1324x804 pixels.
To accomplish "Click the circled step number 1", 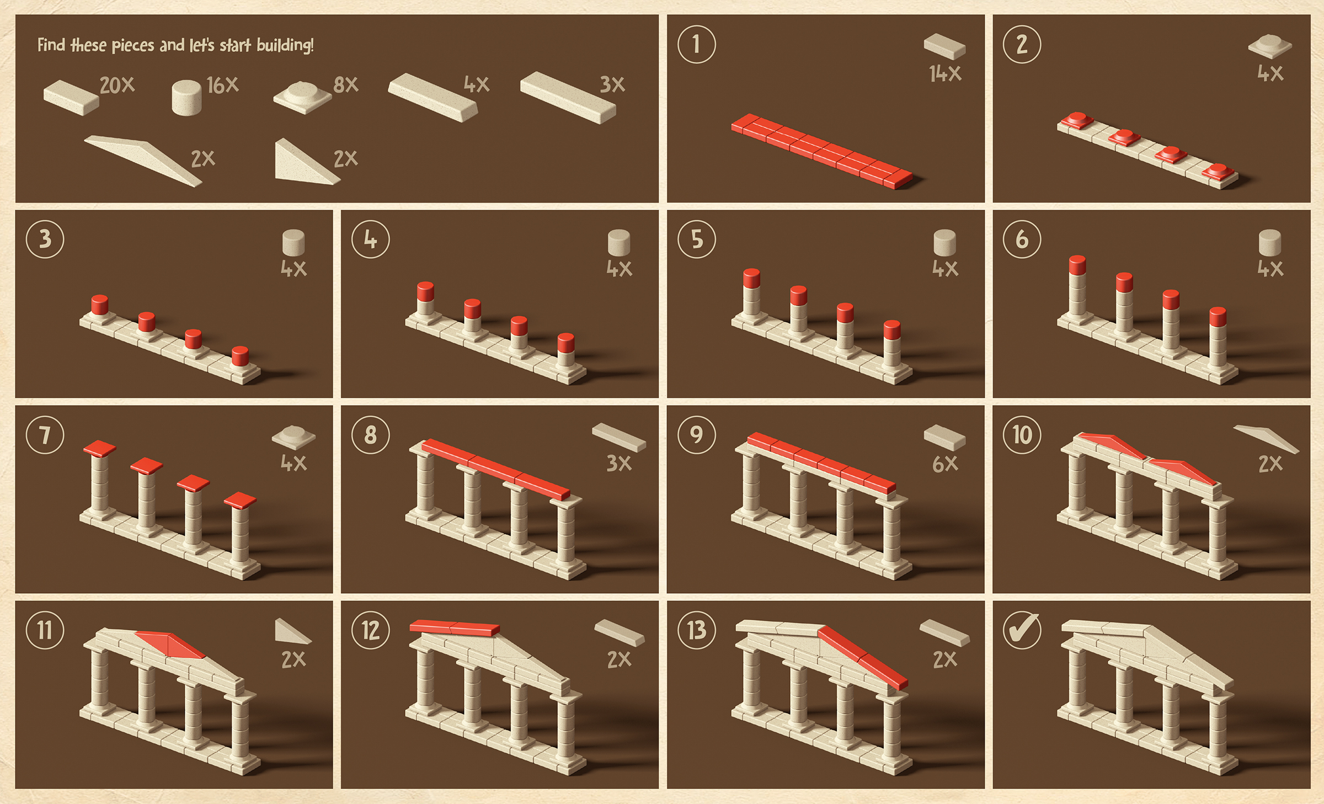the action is (696, 44).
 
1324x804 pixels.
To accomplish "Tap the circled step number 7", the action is (45, 435).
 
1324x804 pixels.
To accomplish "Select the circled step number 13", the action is (696, 630).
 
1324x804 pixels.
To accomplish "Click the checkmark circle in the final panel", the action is (1022, 630).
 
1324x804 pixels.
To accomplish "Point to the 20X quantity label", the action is (117, 86).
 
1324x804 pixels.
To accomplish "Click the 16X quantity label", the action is (222, 86).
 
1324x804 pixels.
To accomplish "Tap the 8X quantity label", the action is (346, 85).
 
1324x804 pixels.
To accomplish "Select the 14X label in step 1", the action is (945, 73).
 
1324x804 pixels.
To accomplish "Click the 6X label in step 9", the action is (945, 464).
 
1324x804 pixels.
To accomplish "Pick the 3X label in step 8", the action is (619, 464).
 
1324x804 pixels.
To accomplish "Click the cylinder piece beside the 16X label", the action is (186, 98).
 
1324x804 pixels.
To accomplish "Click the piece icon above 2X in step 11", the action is (292, 632).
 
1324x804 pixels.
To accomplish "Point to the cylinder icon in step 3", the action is (293, 243).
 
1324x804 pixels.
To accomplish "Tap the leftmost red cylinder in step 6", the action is (1077, 265).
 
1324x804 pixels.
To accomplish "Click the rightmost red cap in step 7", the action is (240, 500).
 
